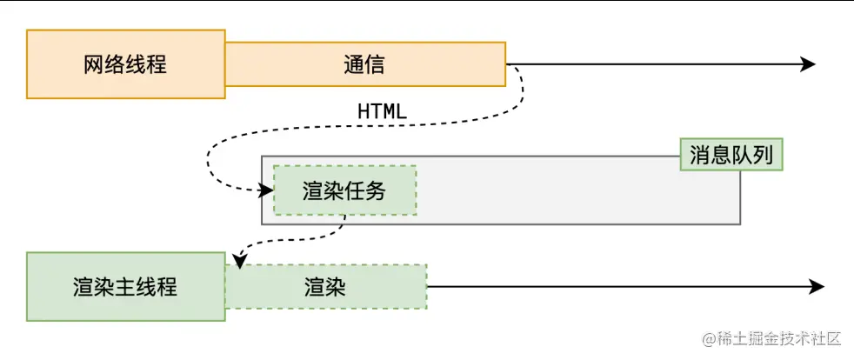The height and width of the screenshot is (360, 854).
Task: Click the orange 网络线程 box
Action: [125, 64]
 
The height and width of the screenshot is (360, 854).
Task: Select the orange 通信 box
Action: [365, 64]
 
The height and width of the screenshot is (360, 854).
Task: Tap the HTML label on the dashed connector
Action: [383, 111]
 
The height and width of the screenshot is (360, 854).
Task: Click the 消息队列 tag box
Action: [731, 156]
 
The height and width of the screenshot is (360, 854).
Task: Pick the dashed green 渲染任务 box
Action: [345, 190]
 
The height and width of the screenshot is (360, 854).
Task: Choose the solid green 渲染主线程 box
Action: [125, 286]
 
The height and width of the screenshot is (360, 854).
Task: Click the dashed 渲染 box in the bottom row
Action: [326, 286]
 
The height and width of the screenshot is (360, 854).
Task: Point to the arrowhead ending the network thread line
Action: [808, 64]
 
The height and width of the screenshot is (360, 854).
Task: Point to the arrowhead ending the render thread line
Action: [817, 286]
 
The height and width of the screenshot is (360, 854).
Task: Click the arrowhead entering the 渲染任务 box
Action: [266, 190]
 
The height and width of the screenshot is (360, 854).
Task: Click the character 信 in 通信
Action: [375, 65]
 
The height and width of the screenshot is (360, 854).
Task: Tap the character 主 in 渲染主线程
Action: [125, 287]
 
